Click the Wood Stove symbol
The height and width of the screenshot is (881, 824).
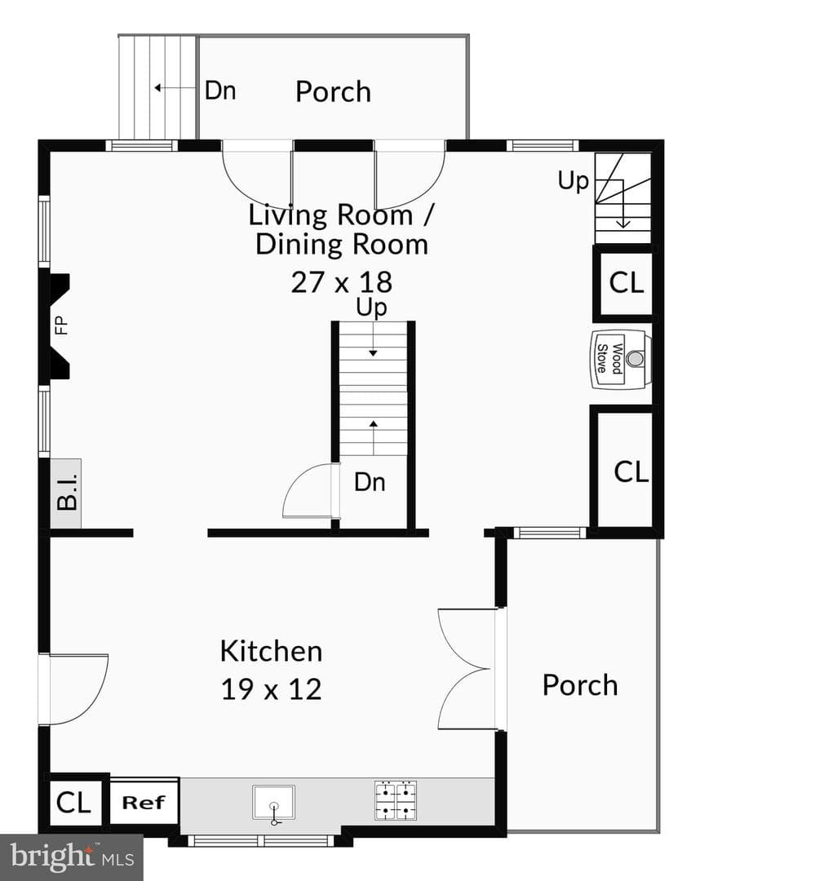tap(621, 359)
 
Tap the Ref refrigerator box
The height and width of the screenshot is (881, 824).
tap(144, 803)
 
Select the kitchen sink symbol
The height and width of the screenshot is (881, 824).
tap(274, 804)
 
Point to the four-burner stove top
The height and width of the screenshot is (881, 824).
tap(396, 799)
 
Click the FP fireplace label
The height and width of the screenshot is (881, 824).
tap(61, 325)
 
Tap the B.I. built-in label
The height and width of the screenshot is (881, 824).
tap(67, 493)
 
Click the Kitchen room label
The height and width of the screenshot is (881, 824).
tap(271, 651)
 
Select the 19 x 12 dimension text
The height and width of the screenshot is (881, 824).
tap(271, 688)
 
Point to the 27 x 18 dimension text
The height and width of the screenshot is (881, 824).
tap(341, 282)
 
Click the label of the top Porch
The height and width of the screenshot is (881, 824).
tap(334, 91)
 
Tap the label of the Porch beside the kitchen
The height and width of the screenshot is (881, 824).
tap(580, 685)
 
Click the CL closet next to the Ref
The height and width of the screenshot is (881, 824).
tap(73, 803)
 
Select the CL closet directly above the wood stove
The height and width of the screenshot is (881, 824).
tap(626, 282)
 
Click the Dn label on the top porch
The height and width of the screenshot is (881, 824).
tap(220, 91)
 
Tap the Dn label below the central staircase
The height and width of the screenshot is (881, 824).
tap(370, 482)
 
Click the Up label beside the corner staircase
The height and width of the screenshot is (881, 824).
tap(573, 181)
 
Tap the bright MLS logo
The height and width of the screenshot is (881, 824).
tap(71, 857)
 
